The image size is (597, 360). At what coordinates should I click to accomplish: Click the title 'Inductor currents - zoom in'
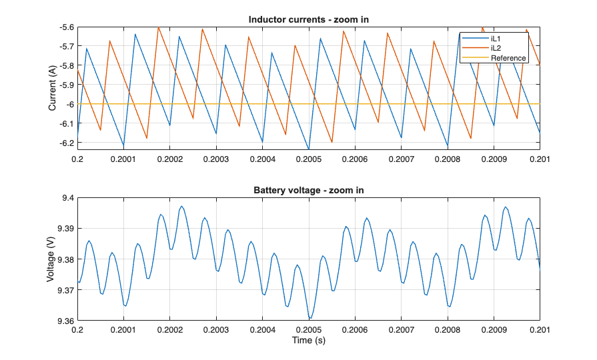pyautogui.click(x=308, y=20)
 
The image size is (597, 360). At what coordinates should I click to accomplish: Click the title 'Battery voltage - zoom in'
pyautogui.click(x=308, y=191)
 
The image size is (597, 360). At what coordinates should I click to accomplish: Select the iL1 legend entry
pyautogui.click(x=496, y=39)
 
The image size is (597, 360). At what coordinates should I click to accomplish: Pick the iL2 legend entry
pyautogui.click(x=496, y=48)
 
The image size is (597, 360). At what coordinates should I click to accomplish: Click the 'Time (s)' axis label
pyautogui.click(x=308, y=341)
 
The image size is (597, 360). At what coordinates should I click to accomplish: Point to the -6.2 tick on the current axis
pyautogui.click(x=65, y=143)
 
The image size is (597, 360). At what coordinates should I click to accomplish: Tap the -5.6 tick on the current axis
pyautogui.click(x=65, y=27)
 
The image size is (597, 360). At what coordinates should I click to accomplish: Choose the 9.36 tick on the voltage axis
pyautogui.click(x=65, y=321)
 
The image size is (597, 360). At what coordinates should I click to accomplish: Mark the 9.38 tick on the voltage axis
pyautogui.click(x=65, y=259)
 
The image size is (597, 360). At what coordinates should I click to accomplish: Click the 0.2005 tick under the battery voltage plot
pyautogui.click(x=309, y=330)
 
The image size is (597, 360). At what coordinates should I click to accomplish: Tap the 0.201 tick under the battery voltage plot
pyautogui.click(x=540, y=330)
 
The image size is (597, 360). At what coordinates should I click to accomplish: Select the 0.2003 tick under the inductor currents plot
pyautogui.click(x=216, y=159)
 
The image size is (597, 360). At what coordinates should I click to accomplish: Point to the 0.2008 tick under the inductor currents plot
pyautogui.click(x=447, y=159)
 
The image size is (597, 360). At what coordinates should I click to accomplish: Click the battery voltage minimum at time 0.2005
pyautogui.click(x=310, y=319)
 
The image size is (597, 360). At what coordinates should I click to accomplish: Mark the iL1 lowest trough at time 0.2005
pyautogui.click(x=309, y=149)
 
